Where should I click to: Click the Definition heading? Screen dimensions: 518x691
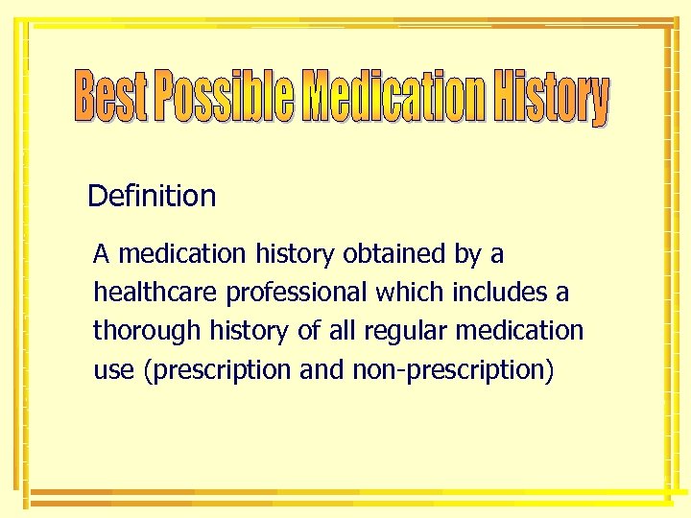click(152, 197)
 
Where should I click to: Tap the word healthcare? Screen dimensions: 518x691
click(155, 292)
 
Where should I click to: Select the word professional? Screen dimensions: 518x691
click(298, 293)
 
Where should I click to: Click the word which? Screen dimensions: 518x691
click(411, 292)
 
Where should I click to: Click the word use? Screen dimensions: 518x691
click(113, 370)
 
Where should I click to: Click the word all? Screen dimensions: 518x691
click(346, 331)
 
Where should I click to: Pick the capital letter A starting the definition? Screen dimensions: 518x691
click(101, 254)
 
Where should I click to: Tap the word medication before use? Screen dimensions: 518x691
click(525, 331)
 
